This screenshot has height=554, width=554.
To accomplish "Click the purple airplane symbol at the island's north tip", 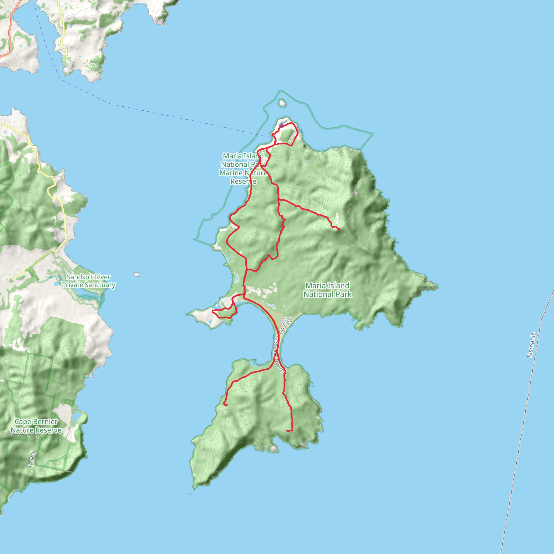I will click(282, 124).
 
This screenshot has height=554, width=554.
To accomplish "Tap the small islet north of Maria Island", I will click(282, 103).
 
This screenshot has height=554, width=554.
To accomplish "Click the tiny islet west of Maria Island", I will click(137, 274).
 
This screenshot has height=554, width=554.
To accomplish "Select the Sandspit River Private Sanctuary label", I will click(89, 281).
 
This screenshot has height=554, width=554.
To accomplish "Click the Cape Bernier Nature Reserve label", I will click(36, 426).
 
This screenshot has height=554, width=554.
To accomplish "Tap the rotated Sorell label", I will click(32, 459).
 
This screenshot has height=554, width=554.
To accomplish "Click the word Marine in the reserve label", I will click(231, 173).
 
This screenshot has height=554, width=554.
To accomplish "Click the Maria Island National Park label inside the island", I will click(328, 290).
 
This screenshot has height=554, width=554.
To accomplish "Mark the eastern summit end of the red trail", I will click(339, 229).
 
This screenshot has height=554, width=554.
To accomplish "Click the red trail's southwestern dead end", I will click(226, 405).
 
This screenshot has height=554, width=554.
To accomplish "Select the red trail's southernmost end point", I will click(287, 431).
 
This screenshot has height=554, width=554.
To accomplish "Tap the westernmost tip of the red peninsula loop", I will click(212, 311).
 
